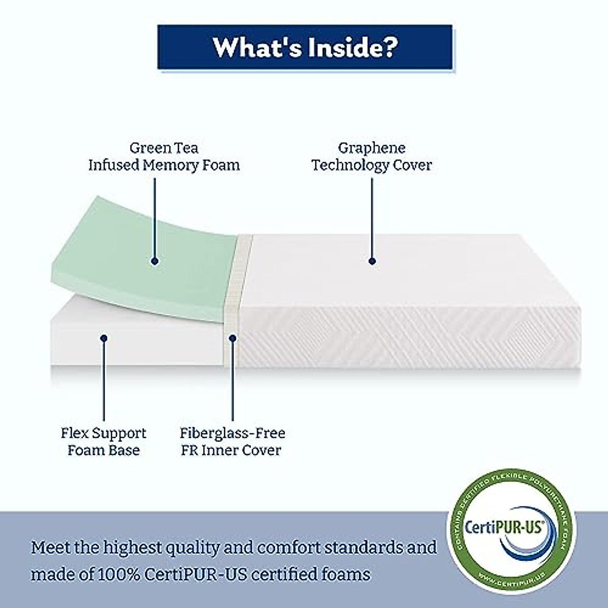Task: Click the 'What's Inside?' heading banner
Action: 305,47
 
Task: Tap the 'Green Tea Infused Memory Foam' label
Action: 164,157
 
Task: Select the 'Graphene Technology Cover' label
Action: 372,157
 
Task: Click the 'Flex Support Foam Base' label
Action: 103,441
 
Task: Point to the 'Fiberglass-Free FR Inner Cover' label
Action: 232,441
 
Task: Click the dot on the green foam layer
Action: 155,261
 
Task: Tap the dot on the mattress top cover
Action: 372,261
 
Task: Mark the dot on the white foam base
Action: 103,337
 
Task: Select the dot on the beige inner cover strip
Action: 233,337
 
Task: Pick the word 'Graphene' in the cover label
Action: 372,148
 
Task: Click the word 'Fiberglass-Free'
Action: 232,433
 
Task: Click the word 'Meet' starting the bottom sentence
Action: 50,548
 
